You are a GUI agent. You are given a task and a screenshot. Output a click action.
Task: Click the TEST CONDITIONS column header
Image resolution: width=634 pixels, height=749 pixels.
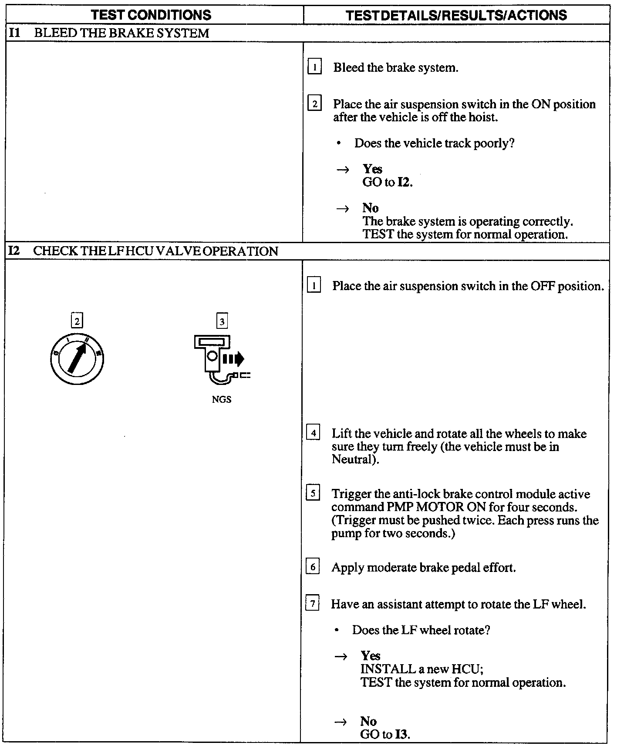[151, 15]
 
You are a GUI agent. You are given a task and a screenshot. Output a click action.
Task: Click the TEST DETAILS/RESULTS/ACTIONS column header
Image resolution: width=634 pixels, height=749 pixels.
[456, 15]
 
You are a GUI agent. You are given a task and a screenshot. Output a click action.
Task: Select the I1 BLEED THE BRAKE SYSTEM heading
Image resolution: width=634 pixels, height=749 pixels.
[109, 33]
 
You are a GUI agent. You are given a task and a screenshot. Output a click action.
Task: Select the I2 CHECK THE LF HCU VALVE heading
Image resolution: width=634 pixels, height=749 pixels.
[144, 251]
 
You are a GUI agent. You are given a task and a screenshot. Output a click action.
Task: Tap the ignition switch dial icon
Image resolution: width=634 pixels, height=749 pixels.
[77, 359]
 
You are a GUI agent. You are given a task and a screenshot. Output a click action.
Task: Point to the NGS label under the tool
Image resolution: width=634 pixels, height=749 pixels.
[222, 399]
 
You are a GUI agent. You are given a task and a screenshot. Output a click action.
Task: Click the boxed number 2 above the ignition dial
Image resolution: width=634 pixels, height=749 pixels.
[77, 321]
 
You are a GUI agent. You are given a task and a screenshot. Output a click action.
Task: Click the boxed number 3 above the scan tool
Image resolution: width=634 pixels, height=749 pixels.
[222, 321]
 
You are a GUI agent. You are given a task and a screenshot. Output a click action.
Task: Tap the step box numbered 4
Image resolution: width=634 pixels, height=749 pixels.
[313, 433]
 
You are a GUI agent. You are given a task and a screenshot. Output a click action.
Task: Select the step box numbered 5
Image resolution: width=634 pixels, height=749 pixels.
[313, 494]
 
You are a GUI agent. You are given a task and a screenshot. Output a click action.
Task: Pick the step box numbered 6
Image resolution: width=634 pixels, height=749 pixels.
[313, 567]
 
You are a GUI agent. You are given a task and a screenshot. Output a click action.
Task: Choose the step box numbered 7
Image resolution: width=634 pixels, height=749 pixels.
[312, 604]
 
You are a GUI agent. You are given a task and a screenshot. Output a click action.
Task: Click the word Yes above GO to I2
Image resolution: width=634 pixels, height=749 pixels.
[372, 169]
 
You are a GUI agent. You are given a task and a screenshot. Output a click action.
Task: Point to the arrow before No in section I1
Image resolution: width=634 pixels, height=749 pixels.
[343, 209]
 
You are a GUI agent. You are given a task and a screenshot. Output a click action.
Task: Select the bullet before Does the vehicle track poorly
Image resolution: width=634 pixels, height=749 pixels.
[339, 144]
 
